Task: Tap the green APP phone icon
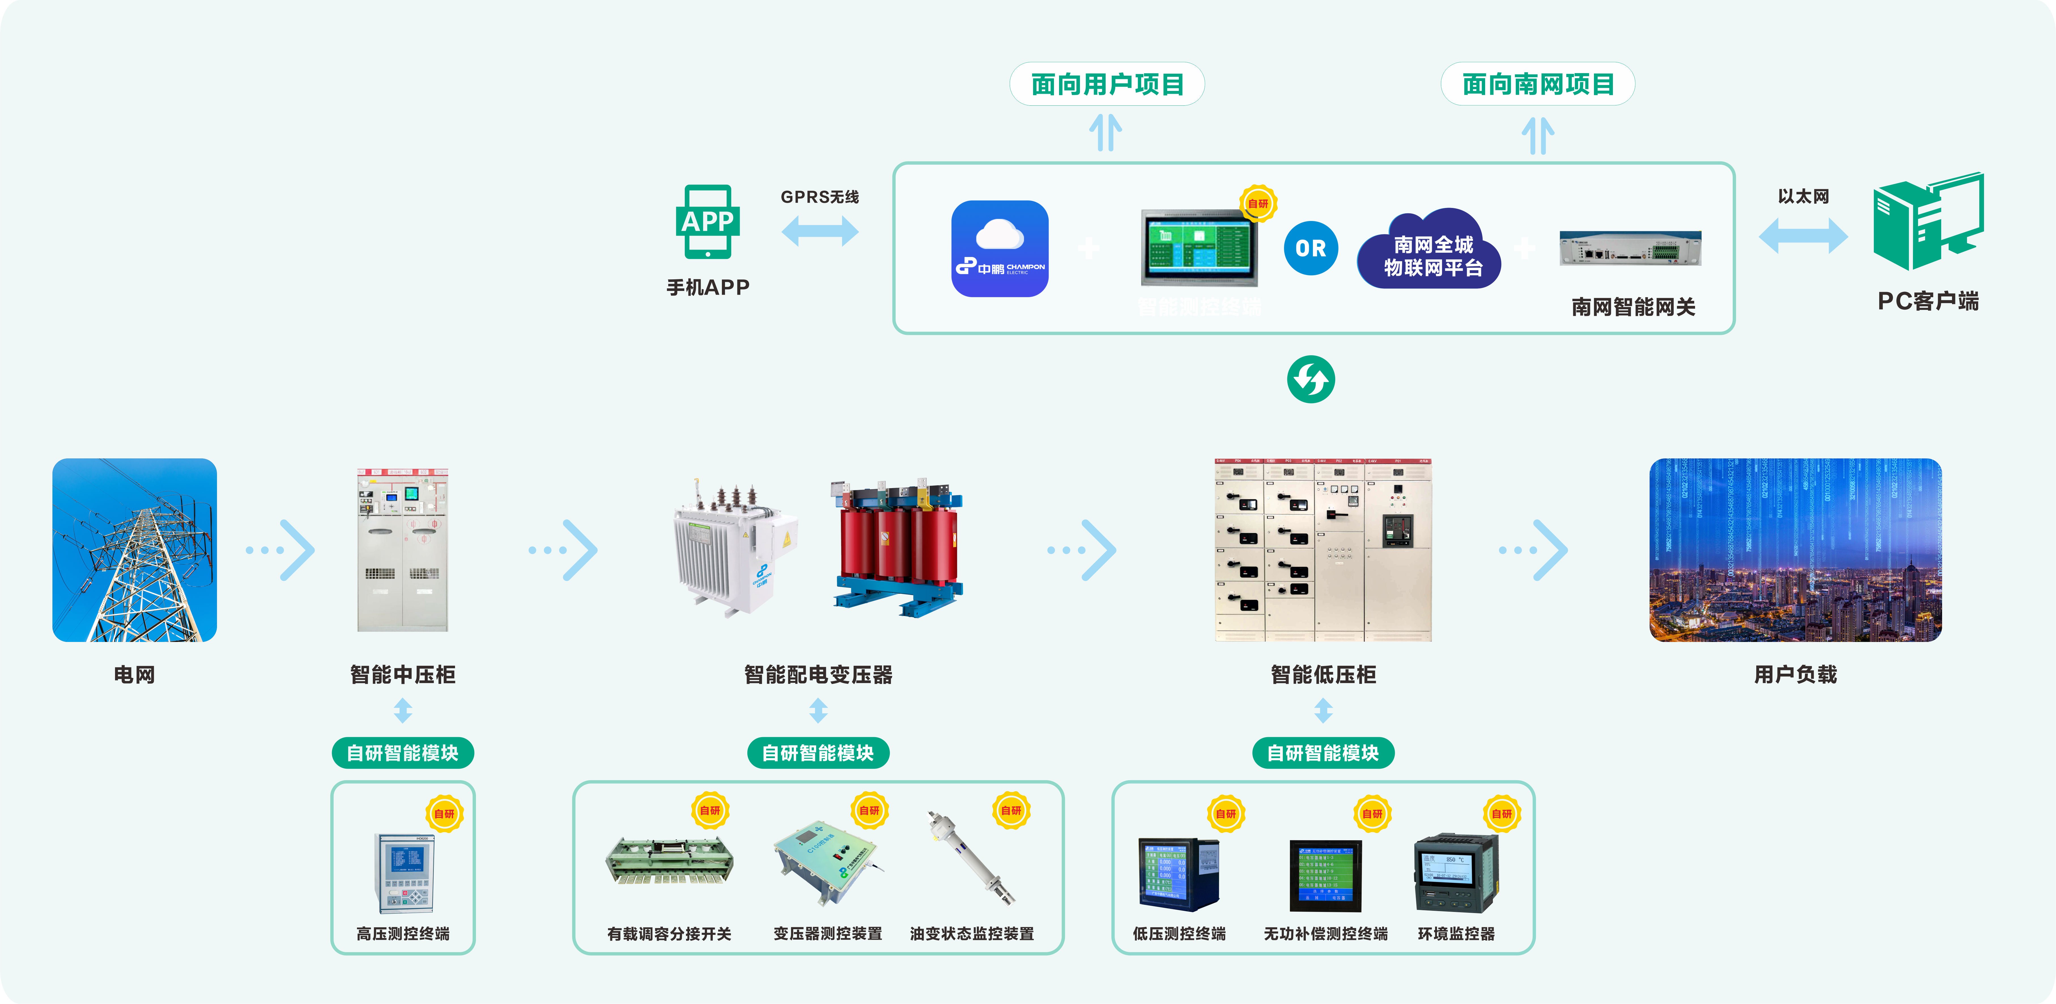point(707,222)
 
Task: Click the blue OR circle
point(1311,248)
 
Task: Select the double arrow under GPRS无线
point(820,231)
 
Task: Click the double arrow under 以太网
point(1803,235)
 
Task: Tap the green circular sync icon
point(1311,379)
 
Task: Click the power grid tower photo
point(134,550)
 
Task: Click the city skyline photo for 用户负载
point(1795,550)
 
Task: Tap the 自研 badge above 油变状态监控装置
point(1011,810)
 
